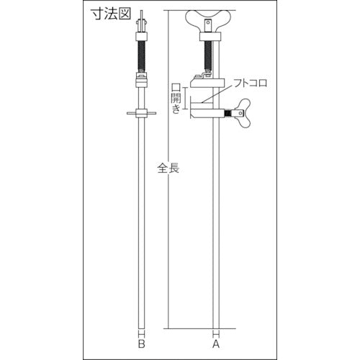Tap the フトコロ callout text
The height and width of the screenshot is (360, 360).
[x=251, y=83]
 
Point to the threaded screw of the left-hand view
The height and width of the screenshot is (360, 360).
[x=142, y=54]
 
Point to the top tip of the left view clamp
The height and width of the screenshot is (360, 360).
[x=142, y=12]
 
